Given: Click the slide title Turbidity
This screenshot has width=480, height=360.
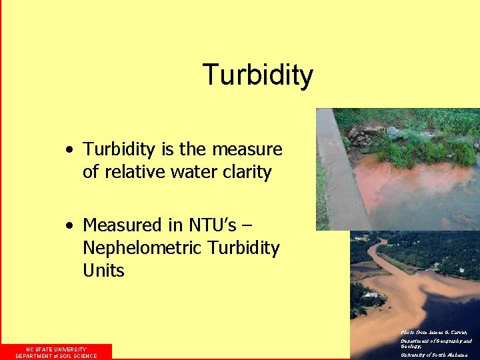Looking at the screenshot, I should (x=257, y=75).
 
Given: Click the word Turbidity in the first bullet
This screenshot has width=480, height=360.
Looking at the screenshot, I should (x=117, y=149).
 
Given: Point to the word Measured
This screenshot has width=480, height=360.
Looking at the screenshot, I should (x=123, y=225).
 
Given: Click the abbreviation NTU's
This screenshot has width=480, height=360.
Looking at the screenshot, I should (x=209, y=225).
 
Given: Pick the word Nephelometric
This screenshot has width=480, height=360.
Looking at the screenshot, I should (x=142, y=248).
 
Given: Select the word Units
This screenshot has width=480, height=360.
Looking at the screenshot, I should (x=103, y=271).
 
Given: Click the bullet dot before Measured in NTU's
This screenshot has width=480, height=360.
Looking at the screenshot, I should (x=70, y=226).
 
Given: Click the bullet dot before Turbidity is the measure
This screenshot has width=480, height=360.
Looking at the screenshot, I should (x=70, y=150).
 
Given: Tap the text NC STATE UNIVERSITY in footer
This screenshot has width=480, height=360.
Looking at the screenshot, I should (x=56, y=349).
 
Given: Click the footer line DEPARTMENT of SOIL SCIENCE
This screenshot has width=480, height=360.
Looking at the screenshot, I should (x=56, y=356).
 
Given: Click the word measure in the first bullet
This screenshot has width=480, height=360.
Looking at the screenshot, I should (x=252, y=149).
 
